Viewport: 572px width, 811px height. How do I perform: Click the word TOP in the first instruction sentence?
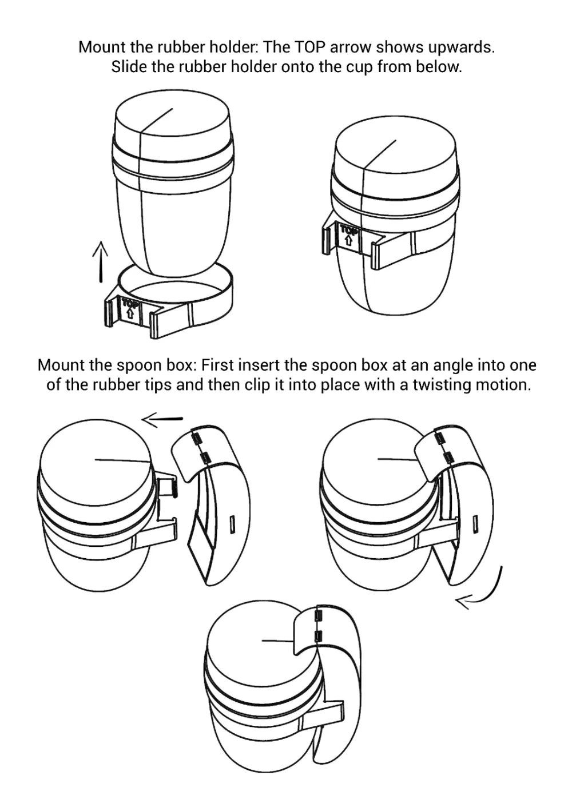[310, 47]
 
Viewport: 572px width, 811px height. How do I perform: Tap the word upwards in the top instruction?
[461, 48]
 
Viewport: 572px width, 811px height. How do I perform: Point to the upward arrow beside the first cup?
[100, 261]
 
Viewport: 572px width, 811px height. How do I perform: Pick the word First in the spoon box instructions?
[217, 365]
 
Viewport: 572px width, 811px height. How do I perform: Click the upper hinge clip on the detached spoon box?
[197, 439]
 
